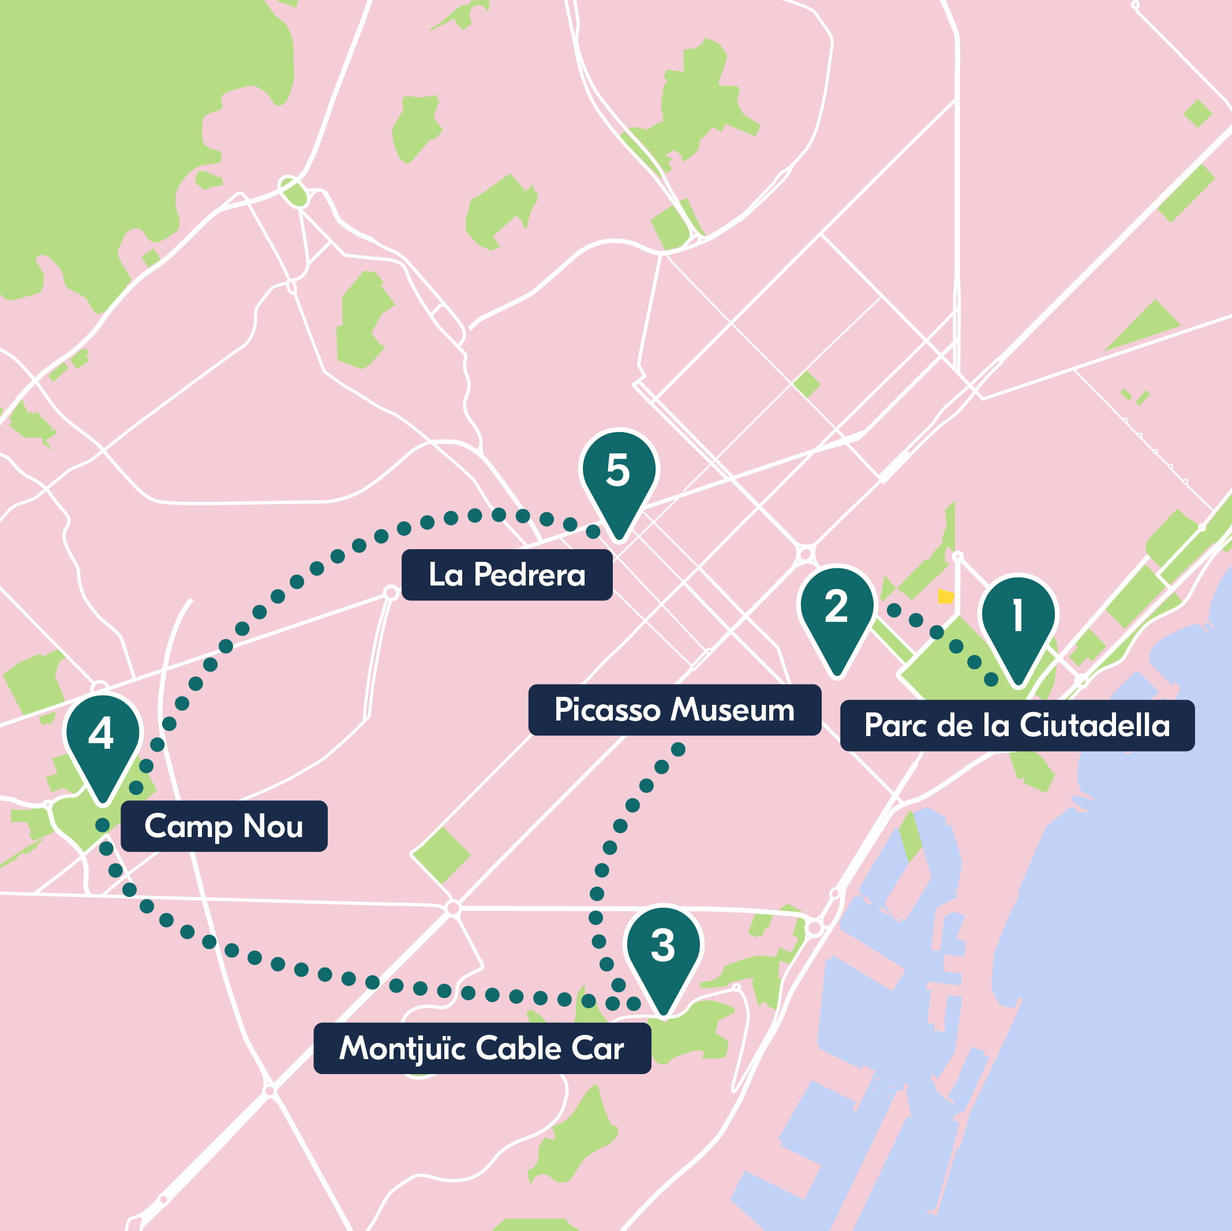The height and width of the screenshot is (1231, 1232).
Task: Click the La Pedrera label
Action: pos(507,575)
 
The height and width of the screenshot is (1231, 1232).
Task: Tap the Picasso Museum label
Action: pos(675,710)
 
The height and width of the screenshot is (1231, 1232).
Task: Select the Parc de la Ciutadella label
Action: pos(1017,726)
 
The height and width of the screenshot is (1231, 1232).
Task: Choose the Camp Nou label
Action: pos(224,826)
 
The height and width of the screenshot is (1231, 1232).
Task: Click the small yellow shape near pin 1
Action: pos(946,596)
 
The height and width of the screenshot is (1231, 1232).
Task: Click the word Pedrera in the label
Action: pos(530,575)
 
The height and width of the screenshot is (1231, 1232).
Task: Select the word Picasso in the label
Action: pos(607,710)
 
